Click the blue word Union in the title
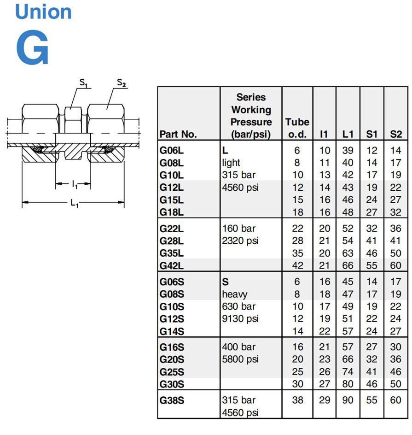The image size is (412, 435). point(43,12)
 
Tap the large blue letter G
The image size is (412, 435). point(32,48)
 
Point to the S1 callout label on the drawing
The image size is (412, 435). point(83,83)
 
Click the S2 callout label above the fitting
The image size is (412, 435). point(122,83)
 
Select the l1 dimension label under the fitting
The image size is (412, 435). point(75,184)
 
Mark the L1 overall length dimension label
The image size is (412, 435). point(74,203)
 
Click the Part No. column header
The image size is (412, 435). point(178,134)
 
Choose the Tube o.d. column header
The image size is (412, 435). point(297,128)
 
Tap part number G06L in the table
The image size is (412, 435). point(172,151)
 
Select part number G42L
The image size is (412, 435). point(172,266)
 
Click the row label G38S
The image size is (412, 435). point(172,400)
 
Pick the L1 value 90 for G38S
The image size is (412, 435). point(348,400)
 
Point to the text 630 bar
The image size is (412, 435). point(238,306)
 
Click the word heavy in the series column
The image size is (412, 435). point(235,294)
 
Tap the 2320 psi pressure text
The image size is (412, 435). point(240,241)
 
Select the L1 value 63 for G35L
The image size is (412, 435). point(348,253)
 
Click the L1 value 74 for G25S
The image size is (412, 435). point(348,372)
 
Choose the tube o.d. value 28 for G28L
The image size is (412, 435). point(297,241)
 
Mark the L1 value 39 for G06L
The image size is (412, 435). point(348,151)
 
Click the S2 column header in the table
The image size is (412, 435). point(395,134)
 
